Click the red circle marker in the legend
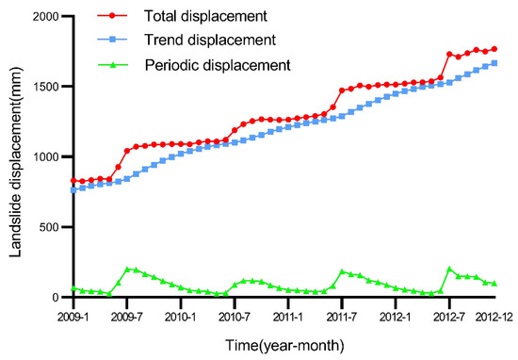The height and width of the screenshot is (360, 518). (x=114, y=16)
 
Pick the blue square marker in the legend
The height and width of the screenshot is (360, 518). (x=114, y=40)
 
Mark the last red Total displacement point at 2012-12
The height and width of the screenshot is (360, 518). (x=494, y=49)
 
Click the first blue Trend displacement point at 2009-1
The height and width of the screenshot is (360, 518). (x=73, y=190)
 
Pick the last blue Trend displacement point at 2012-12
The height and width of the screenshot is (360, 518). (x=494, y=63)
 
